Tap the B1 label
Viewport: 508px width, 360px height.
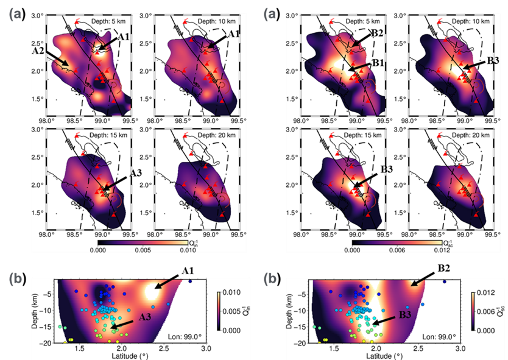click(x=378, y=63)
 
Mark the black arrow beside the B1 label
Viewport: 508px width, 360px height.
click(x=359, y=68)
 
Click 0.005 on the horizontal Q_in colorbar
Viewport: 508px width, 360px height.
click(x=144, y=248)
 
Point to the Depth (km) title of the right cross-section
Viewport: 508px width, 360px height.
click(x=286, y=311)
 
